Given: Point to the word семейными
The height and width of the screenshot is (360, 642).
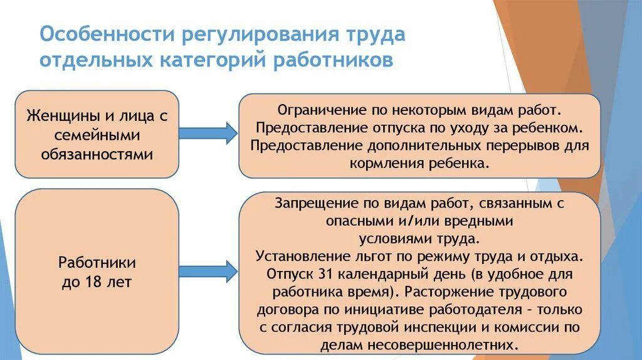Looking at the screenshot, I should click(x=95, y=135).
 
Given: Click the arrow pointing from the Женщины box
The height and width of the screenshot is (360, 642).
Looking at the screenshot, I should click(x=208, y=133).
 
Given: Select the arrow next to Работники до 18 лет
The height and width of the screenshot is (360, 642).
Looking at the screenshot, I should click(x=208, y=271).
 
